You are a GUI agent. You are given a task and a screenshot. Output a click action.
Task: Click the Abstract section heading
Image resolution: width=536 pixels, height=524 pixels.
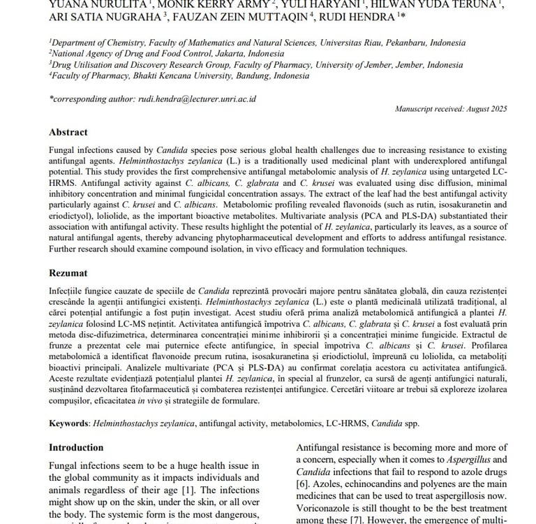pos(68,132)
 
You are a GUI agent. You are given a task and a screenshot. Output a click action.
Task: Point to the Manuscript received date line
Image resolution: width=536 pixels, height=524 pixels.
pos(451,109)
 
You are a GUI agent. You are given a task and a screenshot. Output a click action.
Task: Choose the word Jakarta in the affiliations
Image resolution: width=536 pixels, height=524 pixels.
pos(211,53)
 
